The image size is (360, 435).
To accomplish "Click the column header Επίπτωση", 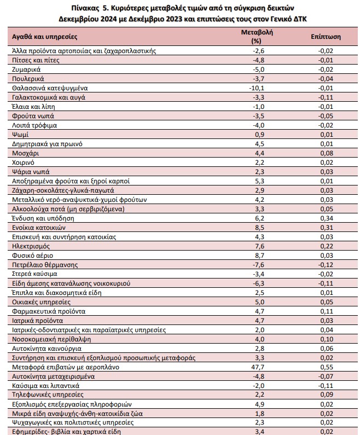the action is [326, 37].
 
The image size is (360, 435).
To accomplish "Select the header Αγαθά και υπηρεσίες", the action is [45, 37].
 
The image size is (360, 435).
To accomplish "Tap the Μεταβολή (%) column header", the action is [257, 37].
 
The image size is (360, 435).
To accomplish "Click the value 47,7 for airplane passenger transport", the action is [258, 367].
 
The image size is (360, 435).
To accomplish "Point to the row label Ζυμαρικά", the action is [26, 69].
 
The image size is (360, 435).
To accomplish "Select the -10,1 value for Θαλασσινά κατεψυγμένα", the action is [257, 88].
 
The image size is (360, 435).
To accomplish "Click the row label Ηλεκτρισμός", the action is [31, 246].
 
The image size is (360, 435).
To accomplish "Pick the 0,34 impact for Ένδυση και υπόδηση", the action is [327, 218].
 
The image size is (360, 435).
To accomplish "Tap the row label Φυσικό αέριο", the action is [32, 256].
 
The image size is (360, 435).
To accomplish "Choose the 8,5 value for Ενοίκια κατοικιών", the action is [259, 228].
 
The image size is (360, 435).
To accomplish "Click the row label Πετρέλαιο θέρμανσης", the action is [45, 265].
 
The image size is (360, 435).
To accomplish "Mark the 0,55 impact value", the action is [327, 367].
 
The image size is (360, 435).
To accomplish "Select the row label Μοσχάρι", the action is [26, 153].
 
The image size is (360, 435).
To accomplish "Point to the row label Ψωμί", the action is [20, 135].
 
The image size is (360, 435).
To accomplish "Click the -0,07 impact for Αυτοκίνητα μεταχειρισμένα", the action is [326, 376].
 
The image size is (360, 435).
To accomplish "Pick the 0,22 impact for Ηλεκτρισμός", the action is [327, 246].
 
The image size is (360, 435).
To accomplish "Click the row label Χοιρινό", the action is [23, 163].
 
